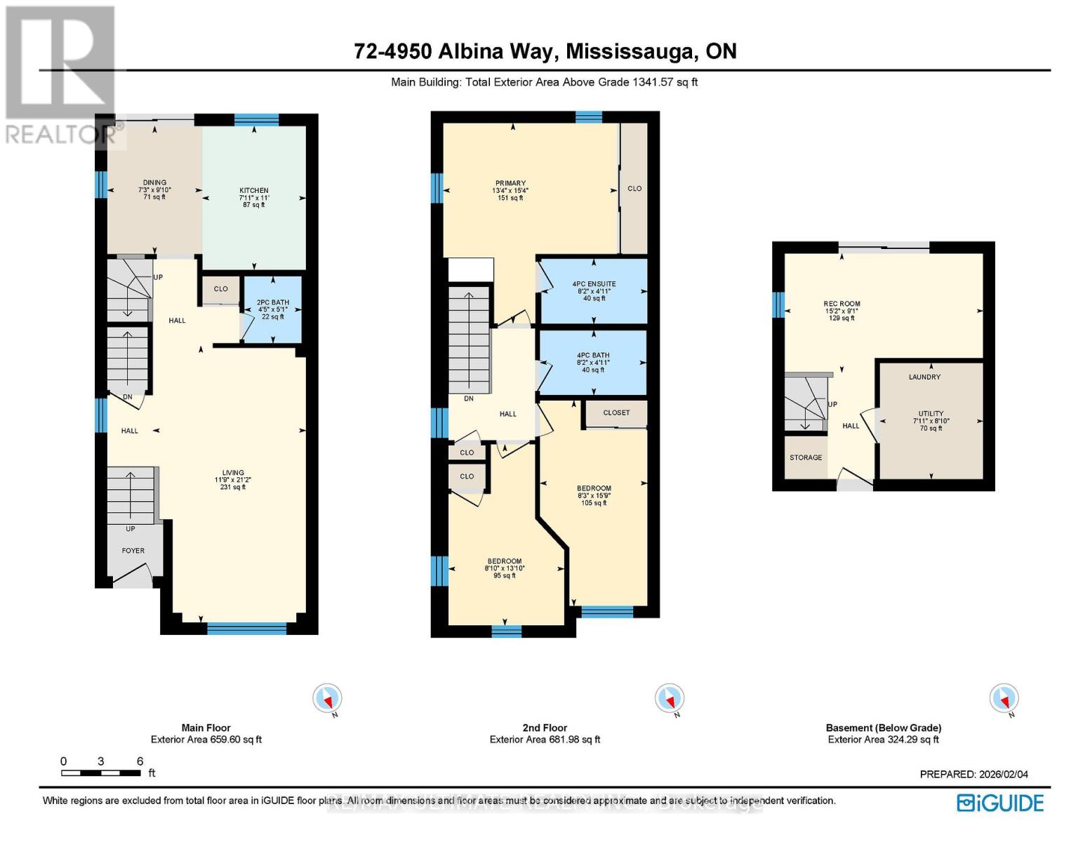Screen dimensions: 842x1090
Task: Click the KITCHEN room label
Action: tap(253, 191)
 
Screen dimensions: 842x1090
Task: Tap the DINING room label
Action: tap(154, 183)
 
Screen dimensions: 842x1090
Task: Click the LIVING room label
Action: tap(233, 474)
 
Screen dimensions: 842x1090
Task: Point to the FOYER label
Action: tap(133, 551)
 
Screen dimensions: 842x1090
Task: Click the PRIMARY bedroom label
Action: tap(510, 184)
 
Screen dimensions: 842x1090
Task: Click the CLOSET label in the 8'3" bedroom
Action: tap(616, 413)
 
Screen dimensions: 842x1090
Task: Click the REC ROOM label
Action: tap(842, 305)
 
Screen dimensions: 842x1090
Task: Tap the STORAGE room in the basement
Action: tap(806, 457)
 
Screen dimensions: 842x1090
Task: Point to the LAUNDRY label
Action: tap(924, 377)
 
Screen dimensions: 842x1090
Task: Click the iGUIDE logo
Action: tap(1000, 803)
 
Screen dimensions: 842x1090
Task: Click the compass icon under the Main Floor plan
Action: tap(327, 699)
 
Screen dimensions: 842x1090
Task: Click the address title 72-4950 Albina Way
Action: tap(545, 51)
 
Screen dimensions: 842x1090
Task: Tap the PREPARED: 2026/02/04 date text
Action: tap(973, 775)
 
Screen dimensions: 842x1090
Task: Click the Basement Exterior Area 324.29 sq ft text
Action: tap(883, 740)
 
